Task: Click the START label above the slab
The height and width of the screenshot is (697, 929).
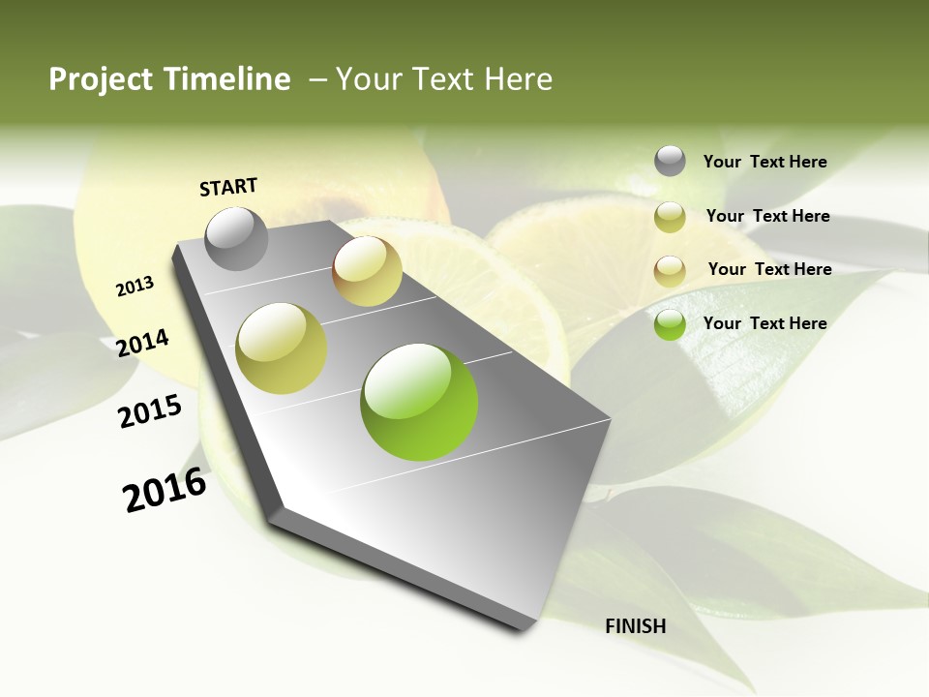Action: tap(228, 187)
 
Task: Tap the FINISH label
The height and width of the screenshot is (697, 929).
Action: tap(635, 626)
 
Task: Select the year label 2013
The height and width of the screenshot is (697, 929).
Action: tap(135, 287)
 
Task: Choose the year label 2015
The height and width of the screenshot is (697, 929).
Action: tap(150, 411)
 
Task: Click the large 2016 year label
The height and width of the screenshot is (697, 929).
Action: tap(165, 490)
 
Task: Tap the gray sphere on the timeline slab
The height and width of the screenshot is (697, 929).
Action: tap(236, 238)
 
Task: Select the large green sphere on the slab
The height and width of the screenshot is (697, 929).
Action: tap(419, 402)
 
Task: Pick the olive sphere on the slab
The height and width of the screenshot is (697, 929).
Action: tap(282, 348)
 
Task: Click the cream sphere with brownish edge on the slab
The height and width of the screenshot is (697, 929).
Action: tap(367, 271)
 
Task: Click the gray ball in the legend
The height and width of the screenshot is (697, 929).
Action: tap(670, 162)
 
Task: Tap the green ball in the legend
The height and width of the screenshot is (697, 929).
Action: tap(670, 324)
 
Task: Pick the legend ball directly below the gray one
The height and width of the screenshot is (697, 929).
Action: tap(670, 217)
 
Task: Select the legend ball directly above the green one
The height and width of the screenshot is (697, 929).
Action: tap(670, 270)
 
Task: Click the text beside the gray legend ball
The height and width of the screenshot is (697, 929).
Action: tap(764, 163)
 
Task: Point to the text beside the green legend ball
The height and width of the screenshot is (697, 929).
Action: tap(764, 323)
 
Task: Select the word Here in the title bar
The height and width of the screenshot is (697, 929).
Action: tap(517, 79)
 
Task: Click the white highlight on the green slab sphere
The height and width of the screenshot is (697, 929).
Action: tap(406, 378)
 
